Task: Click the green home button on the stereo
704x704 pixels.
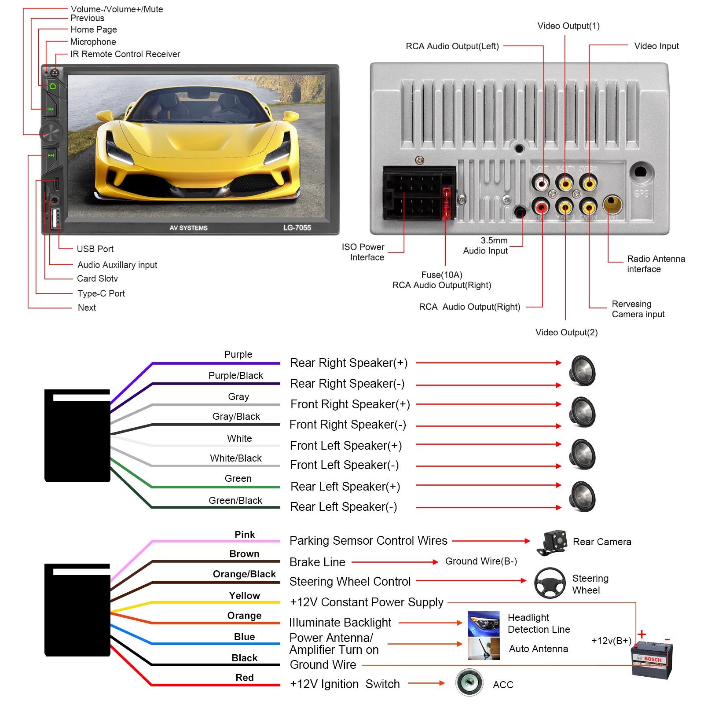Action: click(x=53, y=86)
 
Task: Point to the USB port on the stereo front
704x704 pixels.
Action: click(x=55, y=218)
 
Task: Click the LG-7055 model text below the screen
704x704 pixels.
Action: click(x=297, y=227)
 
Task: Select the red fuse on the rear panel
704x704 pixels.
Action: click(x=446, y=203)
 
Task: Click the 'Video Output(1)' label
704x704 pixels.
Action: click(x=568, y=26)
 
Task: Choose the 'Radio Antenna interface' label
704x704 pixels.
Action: click(x=656, y=264)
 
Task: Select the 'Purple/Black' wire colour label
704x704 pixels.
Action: click(x=236, y=375)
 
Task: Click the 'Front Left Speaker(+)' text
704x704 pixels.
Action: click(x=346, y=445)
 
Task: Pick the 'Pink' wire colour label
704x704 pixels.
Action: click(x=245, y=535)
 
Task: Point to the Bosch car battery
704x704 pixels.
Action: click(x=652, y=660)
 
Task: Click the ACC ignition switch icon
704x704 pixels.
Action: click(x=469, y=682)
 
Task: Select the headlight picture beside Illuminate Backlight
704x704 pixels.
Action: click(x=484, y=623)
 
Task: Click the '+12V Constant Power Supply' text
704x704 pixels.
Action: click(x=367, y=602)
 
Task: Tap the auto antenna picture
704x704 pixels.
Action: click(x=484, y=649)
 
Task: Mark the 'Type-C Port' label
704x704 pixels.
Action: click(x=101, y=293)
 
